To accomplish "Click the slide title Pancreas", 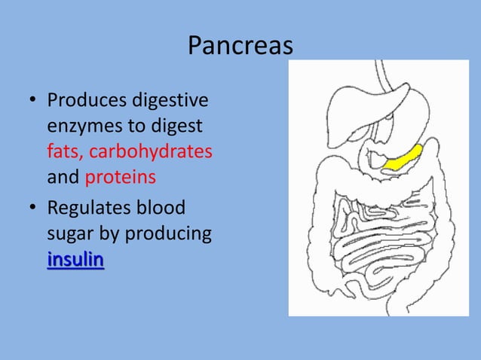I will [x=240, y=46].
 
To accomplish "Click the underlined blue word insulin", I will [x=75, y=260].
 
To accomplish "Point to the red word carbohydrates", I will [x=151, y=151].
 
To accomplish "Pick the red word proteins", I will [x=121, y=177].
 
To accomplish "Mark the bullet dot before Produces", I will [x=32, y=100].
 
